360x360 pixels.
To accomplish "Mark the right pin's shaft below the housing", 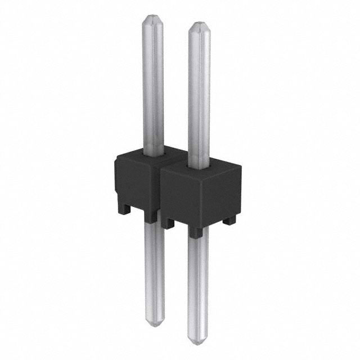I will tap(198, 281).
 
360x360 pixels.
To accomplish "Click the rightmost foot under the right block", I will tap(229, 220).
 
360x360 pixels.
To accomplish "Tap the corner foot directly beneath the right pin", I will tap(195, 232).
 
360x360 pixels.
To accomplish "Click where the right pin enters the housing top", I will tap(199, 165).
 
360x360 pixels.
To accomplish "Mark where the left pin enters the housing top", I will tap(154, 153).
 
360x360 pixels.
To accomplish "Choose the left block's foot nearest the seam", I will tap(150, 217).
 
